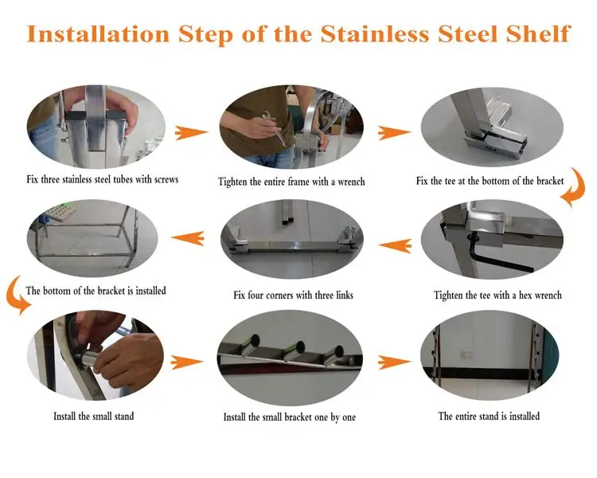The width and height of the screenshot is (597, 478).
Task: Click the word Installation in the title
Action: (98, 33)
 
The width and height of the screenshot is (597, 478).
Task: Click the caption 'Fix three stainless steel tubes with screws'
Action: (103, 179)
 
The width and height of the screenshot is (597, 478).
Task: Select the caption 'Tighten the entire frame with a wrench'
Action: (291, 182)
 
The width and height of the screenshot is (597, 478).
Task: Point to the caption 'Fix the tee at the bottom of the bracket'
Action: (490, 181)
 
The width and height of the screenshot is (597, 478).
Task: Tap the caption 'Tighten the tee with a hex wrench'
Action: (497, 295)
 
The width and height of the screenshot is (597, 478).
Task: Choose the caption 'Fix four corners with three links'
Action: (293, 295)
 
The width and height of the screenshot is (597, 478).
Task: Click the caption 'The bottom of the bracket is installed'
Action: (96, 291)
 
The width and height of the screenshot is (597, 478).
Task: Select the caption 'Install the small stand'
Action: (94, 416)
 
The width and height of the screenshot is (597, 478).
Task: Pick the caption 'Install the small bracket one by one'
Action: (290, 417)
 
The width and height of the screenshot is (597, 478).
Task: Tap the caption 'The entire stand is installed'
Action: (489, 416)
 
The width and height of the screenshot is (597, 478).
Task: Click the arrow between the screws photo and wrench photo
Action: (191, 133)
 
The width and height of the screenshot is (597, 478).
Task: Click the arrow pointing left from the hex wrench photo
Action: (395, 245)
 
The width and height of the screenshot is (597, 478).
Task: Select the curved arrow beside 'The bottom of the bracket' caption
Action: (14, 296)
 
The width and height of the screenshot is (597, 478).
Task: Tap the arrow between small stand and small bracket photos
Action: (186, 362)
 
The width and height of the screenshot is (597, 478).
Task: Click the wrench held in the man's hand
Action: (275, 127)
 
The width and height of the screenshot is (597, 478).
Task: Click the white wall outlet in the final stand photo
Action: (466, 355)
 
